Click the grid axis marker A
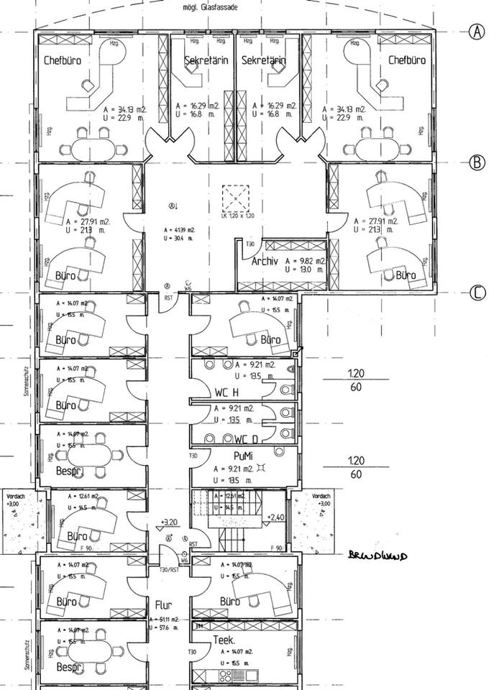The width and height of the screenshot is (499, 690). pyautogui.click(x=477, y=31)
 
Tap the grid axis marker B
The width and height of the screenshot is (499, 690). pyautogui.click(x=477, y=162)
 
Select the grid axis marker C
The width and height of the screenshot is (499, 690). pyautogui.click(x=477, y=293)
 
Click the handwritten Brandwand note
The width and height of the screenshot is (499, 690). pyautogui.click(x=377, y=555)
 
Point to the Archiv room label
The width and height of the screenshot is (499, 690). pyautogui.click(x=265, y=262)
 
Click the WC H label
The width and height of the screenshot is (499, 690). pyautogui.click(x=226, y=392)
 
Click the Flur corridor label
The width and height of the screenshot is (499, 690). pyautogui.click(x=162, y=604)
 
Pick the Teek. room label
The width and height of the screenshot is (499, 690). pyautogui.click(x=224, y=639)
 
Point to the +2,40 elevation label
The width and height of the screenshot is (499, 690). pyautogui.click(x=276, y=517)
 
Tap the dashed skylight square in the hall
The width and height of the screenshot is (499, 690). pyautogui.click(x=236, y=198)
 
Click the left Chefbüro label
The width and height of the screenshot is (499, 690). pyautogui.click(x=62, y=60)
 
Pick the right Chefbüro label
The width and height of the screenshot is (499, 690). pyautogui.click(x=407, y=60)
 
